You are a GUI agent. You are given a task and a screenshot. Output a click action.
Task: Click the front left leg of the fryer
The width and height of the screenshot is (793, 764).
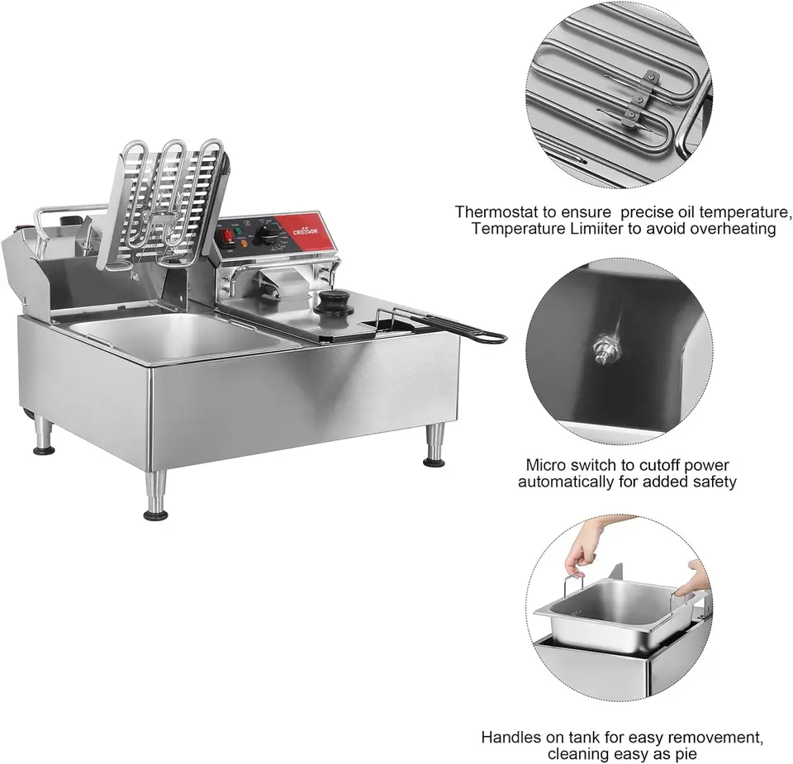coord(156,496)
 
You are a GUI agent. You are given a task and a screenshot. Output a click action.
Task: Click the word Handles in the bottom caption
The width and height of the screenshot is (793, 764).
coord(510,737)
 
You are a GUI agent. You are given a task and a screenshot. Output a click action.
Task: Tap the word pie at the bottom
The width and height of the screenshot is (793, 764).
coord(686,754)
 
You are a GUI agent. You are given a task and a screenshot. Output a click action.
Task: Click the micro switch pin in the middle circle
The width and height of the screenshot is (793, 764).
coord(605,349)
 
